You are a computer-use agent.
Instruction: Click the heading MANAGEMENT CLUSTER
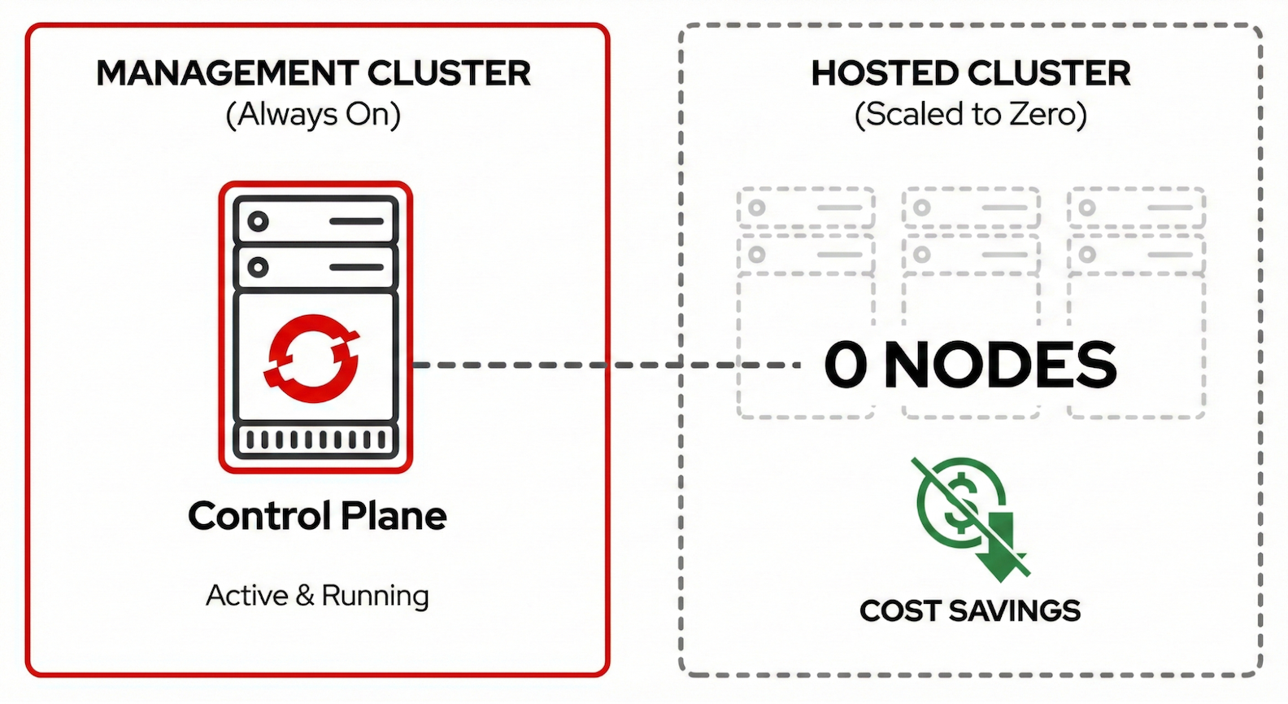313,73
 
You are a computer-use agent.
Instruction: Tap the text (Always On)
313,115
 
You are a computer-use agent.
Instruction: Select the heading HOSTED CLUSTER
970,73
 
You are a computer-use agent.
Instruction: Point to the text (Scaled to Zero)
970,115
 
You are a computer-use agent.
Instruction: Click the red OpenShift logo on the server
312,358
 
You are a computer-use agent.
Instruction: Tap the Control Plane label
317,516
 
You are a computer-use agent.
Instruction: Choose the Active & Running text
317,596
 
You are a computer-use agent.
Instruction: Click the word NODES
1000,365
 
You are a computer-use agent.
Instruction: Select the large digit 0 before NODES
846,365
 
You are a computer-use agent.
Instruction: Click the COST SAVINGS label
970,610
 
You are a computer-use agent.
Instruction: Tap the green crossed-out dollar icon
959,505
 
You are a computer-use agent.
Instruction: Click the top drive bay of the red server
315,221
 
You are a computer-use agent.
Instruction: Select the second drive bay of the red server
315,267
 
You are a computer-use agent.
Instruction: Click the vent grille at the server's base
315,440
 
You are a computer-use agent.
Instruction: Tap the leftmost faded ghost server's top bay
806,208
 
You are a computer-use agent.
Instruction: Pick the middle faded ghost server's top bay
971,208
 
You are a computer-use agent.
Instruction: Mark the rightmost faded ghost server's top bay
1136,208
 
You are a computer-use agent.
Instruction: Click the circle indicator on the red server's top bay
259,221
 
